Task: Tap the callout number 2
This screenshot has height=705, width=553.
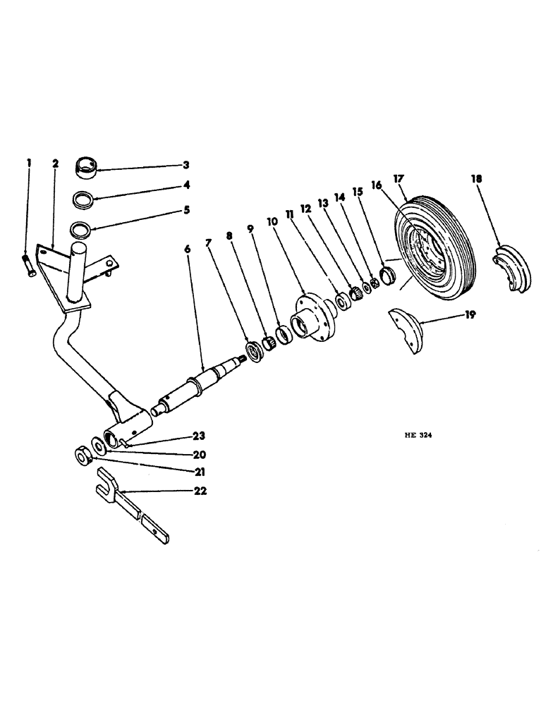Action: coord(55,164)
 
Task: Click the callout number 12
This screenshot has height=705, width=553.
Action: coord(305,209)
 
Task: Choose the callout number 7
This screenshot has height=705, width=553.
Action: coord(209,243)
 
